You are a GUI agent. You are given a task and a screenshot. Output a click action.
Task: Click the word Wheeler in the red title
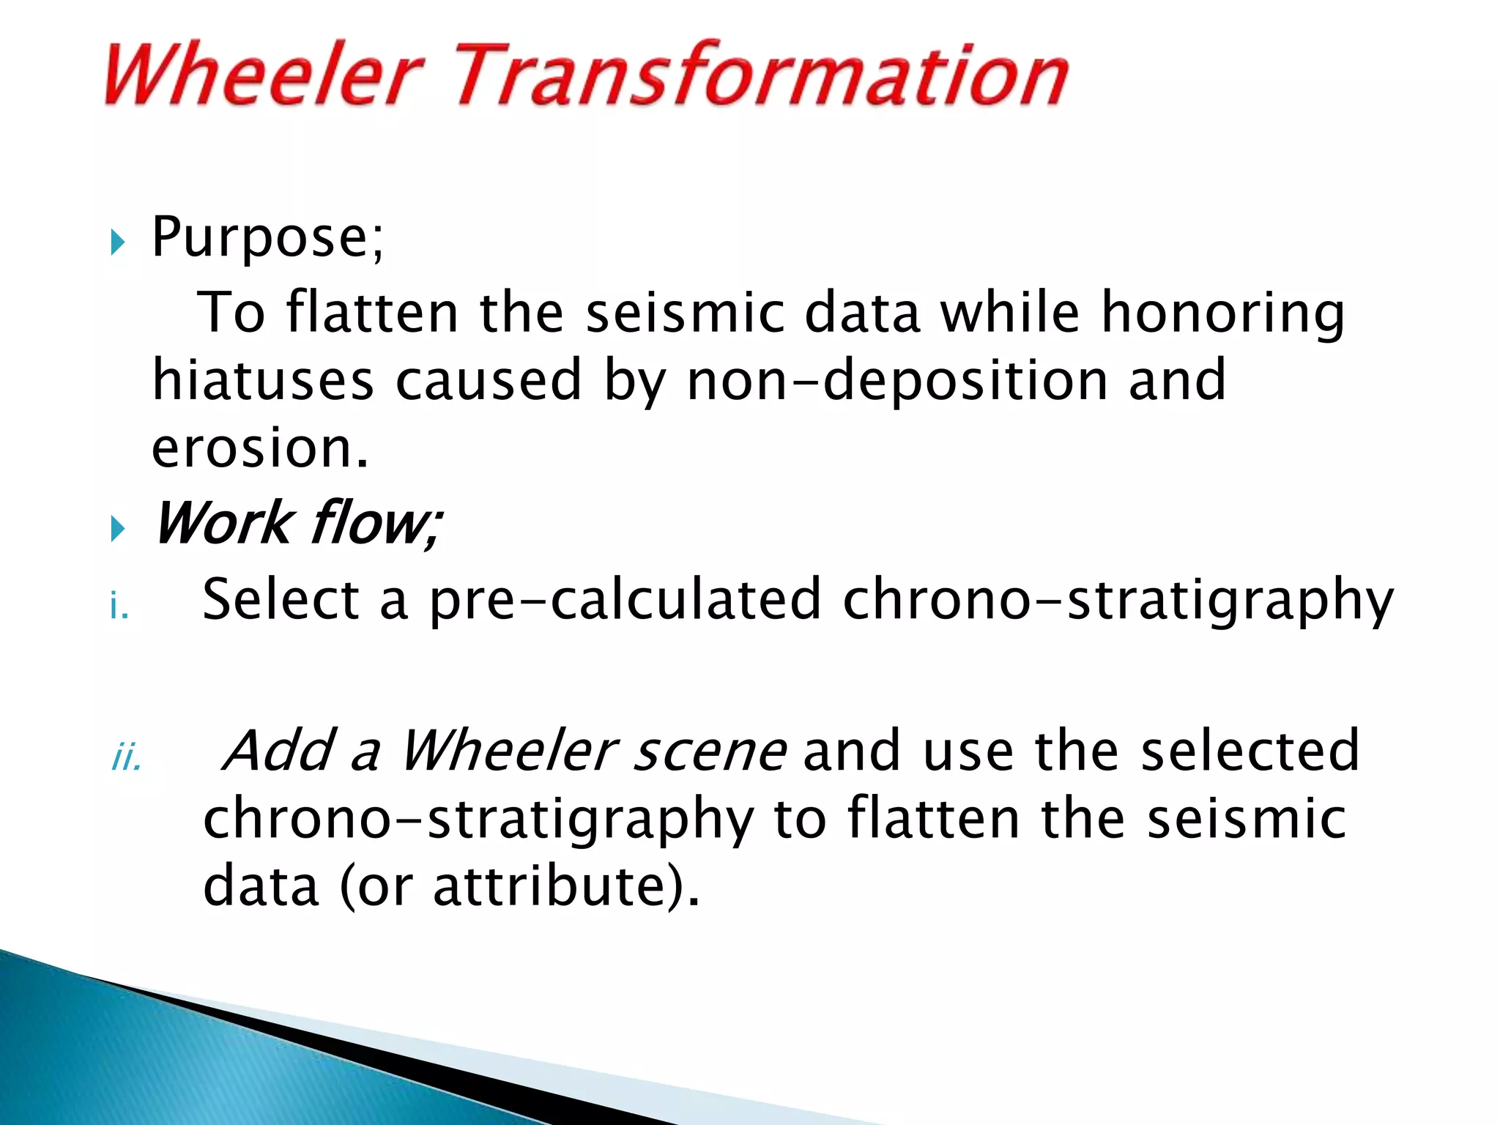point(264,75)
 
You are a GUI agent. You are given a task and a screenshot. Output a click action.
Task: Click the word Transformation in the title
point(762,75)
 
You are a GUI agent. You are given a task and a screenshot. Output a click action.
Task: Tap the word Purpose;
point(267,238)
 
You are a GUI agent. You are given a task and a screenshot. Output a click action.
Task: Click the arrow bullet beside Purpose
point(118,242)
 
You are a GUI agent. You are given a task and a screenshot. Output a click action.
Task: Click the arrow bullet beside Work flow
point(118,528)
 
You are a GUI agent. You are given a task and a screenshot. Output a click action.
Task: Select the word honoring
point(1223,313)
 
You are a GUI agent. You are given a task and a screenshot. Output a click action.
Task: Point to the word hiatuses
point(262,381)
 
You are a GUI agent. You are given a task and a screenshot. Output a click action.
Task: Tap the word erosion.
point(260,448)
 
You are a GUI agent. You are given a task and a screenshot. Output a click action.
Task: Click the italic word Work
point(223,524)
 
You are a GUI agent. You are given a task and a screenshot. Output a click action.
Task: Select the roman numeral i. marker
point(119,607)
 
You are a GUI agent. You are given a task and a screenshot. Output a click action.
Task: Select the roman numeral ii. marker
point(126,759)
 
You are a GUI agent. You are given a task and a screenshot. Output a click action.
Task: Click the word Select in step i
point(281,600)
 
